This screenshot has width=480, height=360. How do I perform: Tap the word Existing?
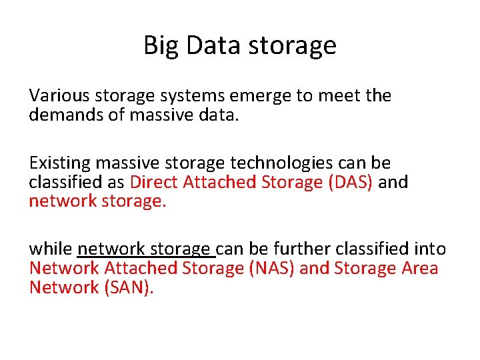[59, 163]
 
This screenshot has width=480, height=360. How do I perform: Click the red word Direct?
[154, 182]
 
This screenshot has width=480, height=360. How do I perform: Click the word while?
[50, 249]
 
